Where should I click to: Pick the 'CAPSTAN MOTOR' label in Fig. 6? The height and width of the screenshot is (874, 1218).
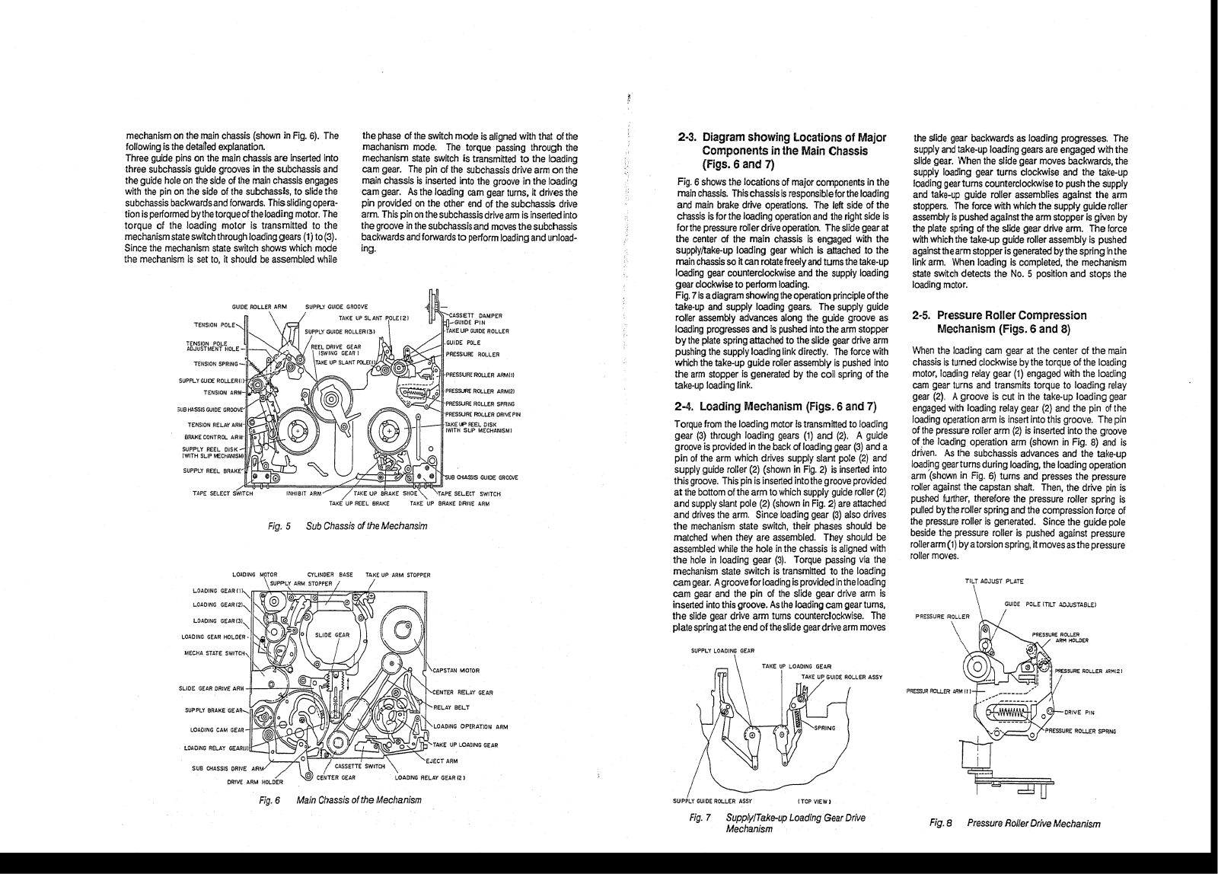click(x=455, y=671)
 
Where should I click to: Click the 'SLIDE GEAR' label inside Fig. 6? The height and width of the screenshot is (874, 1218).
click(x=332, y=635)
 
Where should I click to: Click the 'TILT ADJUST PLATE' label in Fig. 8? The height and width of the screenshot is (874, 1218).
click(x=994, y=582)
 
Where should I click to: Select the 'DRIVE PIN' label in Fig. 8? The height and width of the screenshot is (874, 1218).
click(x=1079, y=713)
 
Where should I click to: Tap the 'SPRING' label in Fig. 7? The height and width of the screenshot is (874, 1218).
click(x=825, y=728)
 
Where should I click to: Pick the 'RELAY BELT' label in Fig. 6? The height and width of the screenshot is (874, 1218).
click(x=448, y=707)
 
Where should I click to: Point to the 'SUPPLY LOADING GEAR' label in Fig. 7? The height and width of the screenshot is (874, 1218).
click(x=722, y=650)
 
